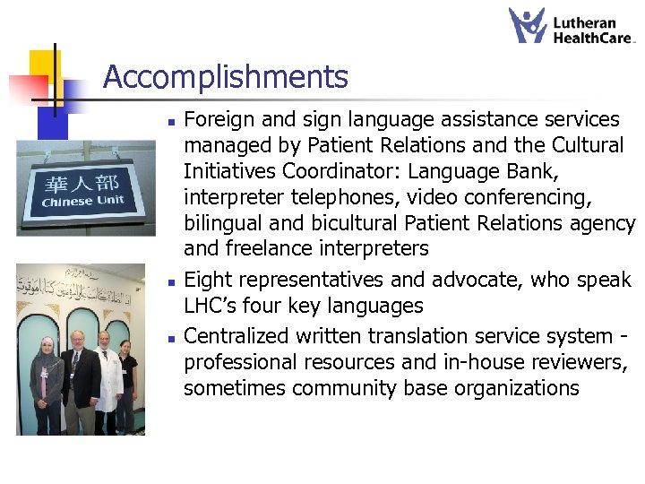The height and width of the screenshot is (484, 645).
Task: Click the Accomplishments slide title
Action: pyautogui.click(x=226, y=77)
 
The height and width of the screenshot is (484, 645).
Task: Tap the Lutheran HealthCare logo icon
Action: pyautogui.click(x=528, y=25)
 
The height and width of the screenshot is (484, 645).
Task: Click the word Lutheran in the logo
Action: pyautogui.click(x=584, y=22)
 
